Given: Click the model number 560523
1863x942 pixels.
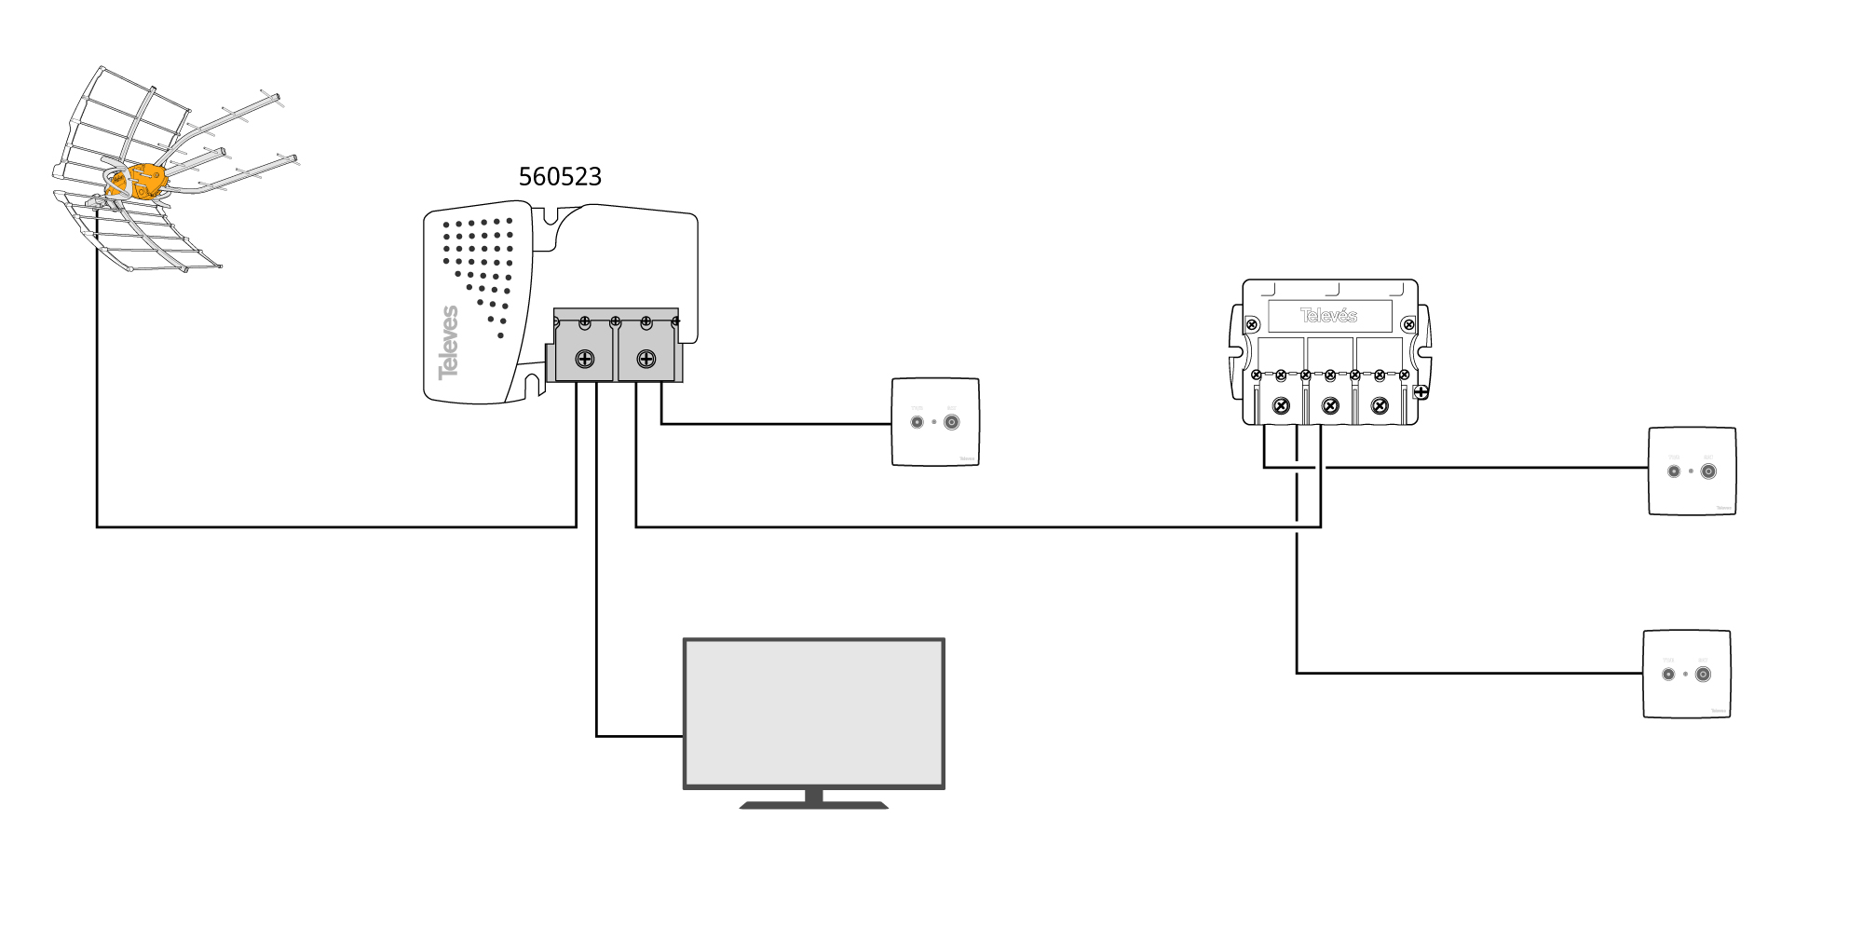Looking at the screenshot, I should click(x=560, y=176).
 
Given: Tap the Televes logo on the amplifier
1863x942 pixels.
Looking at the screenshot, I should click(x=449, y=342).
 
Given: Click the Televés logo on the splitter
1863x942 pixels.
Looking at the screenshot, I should click(x=1329, y=315).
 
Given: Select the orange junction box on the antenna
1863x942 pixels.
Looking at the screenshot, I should click(x=143, y=181).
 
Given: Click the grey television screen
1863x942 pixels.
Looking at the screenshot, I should click(x=814, y=713).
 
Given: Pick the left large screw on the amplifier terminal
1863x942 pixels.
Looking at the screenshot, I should click(x=585, y=359).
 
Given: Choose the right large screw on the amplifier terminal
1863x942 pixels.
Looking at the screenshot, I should click(x=646, y=359).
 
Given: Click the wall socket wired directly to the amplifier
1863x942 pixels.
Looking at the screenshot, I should click(x=935, y=422).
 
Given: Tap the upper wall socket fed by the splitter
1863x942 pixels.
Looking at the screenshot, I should click(x=1692, y=471).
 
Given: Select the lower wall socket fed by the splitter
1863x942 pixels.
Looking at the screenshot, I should click(x=1686, y=674).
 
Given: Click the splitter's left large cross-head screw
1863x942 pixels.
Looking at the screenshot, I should click(x=1282, y=405).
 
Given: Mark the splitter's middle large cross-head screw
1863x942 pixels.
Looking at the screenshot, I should click(x=1330, y=405).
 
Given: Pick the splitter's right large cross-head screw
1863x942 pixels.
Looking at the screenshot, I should click(x=1380, y=405).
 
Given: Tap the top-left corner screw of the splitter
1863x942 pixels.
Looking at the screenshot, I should click(x=1253, y=324).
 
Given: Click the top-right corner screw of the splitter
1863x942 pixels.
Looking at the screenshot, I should click(x=1408, y=324).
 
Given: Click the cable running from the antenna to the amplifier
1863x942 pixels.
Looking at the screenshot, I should click(x=335, y=527).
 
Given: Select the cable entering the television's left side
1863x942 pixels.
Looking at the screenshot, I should click(x=639, y=736).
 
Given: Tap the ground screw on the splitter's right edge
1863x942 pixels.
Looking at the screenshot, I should click(x=1421, y=392).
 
